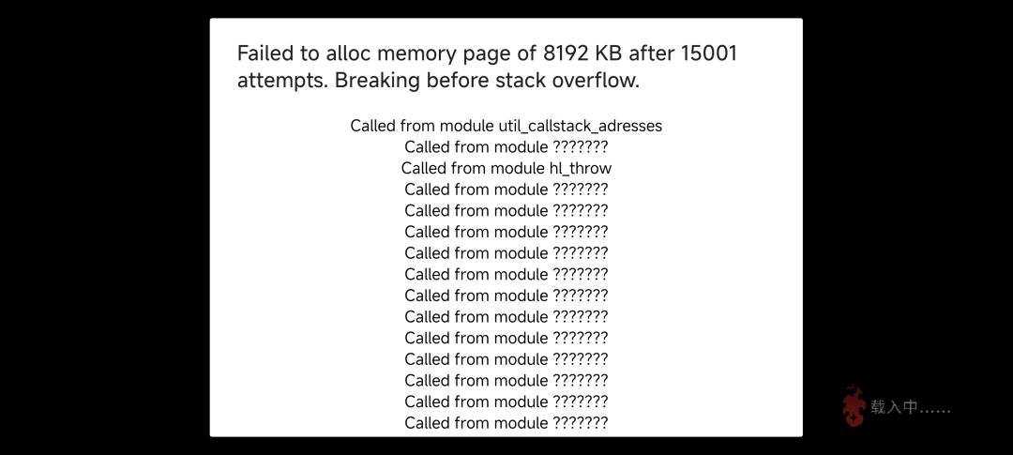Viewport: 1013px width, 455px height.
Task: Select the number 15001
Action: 709,53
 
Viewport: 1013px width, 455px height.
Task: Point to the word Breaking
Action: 377,82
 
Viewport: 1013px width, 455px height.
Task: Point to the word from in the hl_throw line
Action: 469,169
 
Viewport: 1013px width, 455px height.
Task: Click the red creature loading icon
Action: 854,406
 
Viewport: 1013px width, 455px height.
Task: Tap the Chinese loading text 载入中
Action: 894,407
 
